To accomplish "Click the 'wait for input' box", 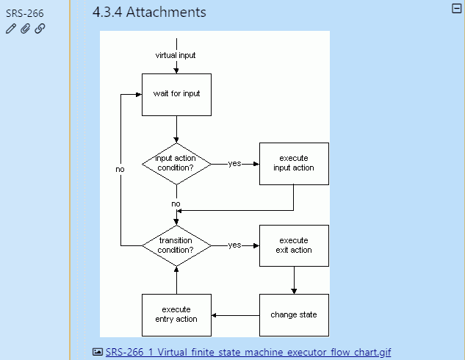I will [176, 94].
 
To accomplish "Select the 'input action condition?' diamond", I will [176, 163].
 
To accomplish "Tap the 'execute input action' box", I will [293, 163].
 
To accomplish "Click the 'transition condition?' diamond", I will [176, 245].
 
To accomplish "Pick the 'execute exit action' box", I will [293, 245].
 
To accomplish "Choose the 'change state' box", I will [293, 314].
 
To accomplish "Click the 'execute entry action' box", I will [176, 314].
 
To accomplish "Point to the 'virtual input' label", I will [176, 55].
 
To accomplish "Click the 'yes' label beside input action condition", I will [234, 163].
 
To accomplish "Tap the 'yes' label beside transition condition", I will [234, 245].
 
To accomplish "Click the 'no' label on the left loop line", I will [120, 170].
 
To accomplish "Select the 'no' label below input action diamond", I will [176, 204].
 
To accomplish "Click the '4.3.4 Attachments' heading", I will [149, 12].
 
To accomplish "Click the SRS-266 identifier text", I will [25, 13].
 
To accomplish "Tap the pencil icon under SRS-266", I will [10, 29].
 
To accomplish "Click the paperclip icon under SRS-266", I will [25, 29].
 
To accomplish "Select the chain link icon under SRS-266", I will [40, 29].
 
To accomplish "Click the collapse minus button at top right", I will [456, 8].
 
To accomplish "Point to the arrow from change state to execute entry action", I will [235, 315].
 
